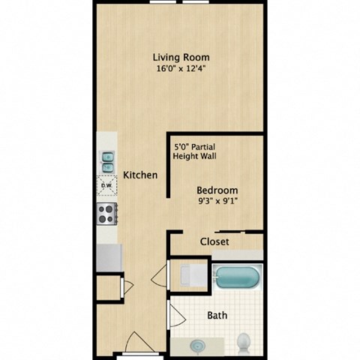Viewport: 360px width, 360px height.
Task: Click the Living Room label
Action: point(181,57)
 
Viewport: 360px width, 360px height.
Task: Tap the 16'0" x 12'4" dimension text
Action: point(181,69)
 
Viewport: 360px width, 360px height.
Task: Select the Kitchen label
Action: point(140,175)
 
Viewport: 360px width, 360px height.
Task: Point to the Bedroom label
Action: point(217,190)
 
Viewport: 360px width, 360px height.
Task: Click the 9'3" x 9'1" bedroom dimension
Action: point(217,202)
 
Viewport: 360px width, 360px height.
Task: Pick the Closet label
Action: point(214,241)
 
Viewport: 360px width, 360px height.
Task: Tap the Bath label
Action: point(218,315)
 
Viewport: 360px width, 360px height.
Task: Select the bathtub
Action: point(238,279)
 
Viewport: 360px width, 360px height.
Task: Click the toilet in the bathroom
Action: point(244,343)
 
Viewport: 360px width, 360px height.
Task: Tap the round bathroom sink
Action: point(198,346)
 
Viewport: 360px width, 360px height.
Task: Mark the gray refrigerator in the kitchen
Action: point(109,257)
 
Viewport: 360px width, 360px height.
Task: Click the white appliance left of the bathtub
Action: point(187,275)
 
